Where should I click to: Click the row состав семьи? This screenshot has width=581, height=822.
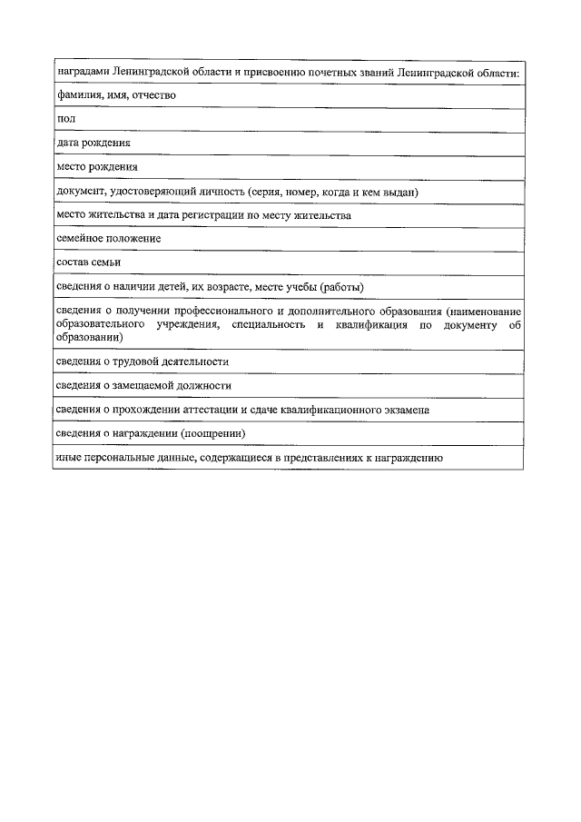point(88,262)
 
